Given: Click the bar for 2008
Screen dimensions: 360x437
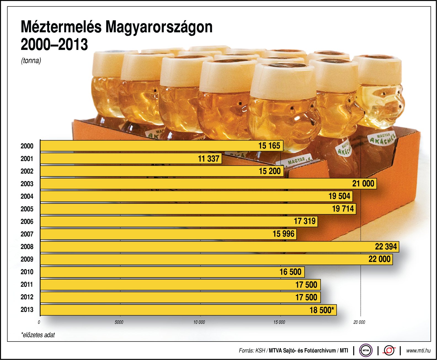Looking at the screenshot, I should coord(219,247).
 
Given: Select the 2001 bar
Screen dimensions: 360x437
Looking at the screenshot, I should coord(131,159).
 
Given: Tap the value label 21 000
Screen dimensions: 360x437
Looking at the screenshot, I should coord(363,184).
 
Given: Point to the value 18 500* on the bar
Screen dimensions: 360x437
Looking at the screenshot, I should coord(322,310).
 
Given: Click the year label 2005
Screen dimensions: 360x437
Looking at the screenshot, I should coord(27,209).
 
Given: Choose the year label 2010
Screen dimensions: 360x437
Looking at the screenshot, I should coord(27,272).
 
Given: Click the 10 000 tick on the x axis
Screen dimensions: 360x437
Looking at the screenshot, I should coord(199,322).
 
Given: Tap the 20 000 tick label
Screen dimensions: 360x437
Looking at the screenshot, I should coord(359,322).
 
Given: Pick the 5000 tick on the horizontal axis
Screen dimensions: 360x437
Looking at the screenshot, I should coord(119,322).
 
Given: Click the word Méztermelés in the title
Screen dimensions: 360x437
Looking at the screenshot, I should coord(61,27).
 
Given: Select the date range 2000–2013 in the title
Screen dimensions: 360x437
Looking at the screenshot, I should coord(54,44).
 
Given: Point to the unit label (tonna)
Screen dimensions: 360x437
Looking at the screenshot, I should coord(31,61).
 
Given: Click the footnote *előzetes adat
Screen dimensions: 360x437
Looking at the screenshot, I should coord(38,335).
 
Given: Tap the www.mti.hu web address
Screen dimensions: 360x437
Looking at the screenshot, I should coord(418,351).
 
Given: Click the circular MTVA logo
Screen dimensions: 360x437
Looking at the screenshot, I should coord(366,351).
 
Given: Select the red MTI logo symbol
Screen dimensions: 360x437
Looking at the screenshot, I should coord(389,351).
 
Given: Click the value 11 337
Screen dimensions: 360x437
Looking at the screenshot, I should coord(209,159).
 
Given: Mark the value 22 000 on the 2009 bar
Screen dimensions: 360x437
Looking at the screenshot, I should coord(379,259).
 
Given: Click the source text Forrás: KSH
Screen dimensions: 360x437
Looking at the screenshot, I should coord(252,351).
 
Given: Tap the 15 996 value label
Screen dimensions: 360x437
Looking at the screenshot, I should coord(283,234).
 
